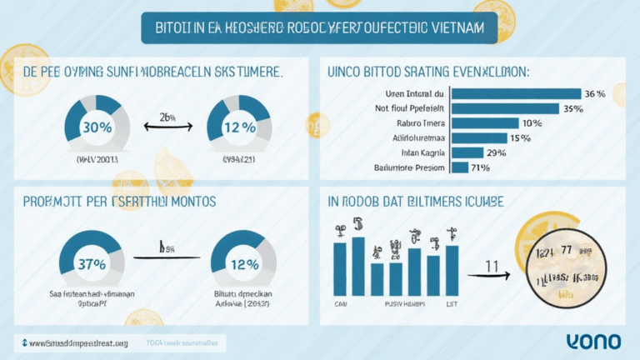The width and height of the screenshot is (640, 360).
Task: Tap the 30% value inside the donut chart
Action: point(97,127)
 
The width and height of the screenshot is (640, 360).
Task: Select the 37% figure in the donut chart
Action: point(91,264)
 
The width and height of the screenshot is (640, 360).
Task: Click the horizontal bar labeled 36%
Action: point(516,93)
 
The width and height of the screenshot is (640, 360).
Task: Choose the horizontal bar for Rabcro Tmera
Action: point(484,122)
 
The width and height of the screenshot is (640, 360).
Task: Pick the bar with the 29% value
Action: point(467,152)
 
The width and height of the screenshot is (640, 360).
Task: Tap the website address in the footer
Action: point(75,342)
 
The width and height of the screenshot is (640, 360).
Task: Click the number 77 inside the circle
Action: point(567,250)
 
